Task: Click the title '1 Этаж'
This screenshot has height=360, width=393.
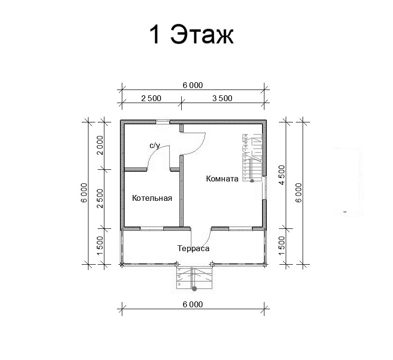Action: [x=191, y=34]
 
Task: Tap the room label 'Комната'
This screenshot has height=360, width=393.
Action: [x=222, y=179]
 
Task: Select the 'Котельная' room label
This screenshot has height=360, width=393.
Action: [x=152, y=198]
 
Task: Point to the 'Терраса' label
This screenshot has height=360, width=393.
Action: [x=193, y=249]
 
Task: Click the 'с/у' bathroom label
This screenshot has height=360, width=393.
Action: [x=155, y=146]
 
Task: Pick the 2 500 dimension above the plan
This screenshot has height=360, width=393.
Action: [x=151, y=98]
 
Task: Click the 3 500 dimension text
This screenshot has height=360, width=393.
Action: [x=222, y=98]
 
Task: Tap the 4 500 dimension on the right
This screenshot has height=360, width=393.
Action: [x=282, y=175]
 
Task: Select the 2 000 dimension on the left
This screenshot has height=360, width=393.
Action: [x=100, y=145]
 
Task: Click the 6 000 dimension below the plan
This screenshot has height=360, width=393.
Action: [x=193, y=304]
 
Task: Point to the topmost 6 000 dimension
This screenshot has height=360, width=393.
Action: [x=193, y=85]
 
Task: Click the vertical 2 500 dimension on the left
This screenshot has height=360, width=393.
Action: [x=100, y=198]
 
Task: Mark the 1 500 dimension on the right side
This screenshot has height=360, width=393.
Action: [x=282, y=245]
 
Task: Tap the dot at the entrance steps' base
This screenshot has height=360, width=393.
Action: [x=194, y=289]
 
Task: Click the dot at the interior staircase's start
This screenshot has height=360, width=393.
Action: [x=252, y=180]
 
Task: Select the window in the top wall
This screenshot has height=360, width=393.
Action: [x=163, y=122]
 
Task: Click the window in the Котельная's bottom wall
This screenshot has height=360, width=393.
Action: [x=152, y=228]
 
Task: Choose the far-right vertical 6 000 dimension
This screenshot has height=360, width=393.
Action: [x=299, y=193]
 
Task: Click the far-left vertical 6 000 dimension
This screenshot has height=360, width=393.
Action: [x=84, y=193]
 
